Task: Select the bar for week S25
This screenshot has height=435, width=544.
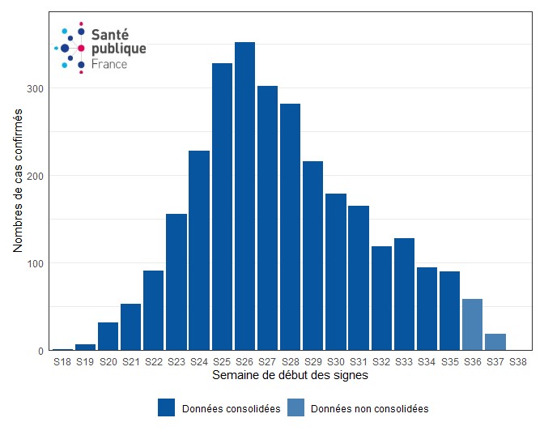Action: pyautogui.click(x=222, y=207)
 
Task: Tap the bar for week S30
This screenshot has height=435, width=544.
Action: pyautogui.click(x=336, y=272)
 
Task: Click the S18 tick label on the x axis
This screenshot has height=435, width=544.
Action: pyautogui.click(x=62, y=362)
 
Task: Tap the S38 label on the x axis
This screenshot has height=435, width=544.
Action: pyautogui.click(x=518, y=362)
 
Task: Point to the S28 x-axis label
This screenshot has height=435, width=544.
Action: pyautogui.click(x=291, y=362)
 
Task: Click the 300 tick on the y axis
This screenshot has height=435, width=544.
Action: pyautogui.click(x=37, y=88)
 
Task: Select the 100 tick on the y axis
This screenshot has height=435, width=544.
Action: pyautogui.click(x=37, y=263)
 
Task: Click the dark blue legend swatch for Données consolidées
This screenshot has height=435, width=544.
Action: pyautogui.click(x=167, y=408)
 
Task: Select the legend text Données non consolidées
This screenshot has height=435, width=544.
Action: pyautogui.click(x=369, y=409)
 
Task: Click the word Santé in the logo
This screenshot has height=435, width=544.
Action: pyautogui.click(x=109, y=35)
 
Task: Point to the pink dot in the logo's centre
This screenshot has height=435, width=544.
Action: pyautogui.click(x=81, y=49)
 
